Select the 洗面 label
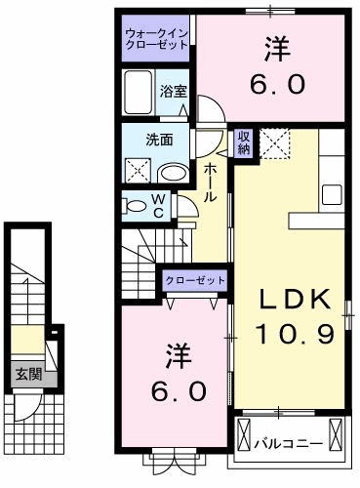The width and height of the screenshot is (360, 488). [160, 140]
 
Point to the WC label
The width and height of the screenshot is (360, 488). [158, 206]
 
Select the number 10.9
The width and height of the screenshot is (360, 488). [296, 334]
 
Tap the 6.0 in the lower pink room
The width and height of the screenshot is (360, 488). [178, 389]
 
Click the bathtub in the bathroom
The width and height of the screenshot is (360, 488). [140, 93]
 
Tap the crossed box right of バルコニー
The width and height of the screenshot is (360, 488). [338, 432]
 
